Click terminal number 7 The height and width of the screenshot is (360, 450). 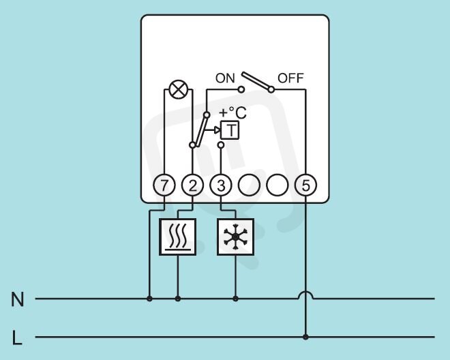tap(164, 185)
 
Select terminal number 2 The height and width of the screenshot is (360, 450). tap(192, 185)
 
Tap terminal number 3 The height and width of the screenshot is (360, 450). tap(221, 185)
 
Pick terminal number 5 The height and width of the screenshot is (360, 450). tap(305, 185)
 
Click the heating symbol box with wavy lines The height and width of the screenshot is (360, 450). tap(178, 237)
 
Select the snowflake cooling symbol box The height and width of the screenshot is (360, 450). tap(235, 237)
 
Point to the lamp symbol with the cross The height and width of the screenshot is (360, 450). tap(179, 89)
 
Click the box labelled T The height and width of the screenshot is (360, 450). tap(230, 130)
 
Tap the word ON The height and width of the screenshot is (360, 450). tap(225, 78)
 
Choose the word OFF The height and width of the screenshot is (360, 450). tap(290, 78)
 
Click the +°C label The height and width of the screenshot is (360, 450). tap(232, 112)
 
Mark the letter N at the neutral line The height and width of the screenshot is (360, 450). tap(17, 299)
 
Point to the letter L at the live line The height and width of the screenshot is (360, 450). tap(17, 338)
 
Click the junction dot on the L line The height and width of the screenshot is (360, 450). tap(305, 337)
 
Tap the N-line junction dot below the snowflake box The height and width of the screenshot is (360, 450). tap(235, 299)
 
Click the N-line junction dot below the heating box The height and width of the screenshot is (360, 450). tap(178, 299)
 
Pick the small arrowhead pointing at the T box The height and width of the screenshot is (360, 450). tap(217, 130)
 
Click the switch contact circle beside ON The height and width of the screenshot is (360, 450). tap(241, 89)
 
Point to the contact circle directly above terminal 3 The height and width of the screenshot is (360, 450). tap(221, 145)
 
